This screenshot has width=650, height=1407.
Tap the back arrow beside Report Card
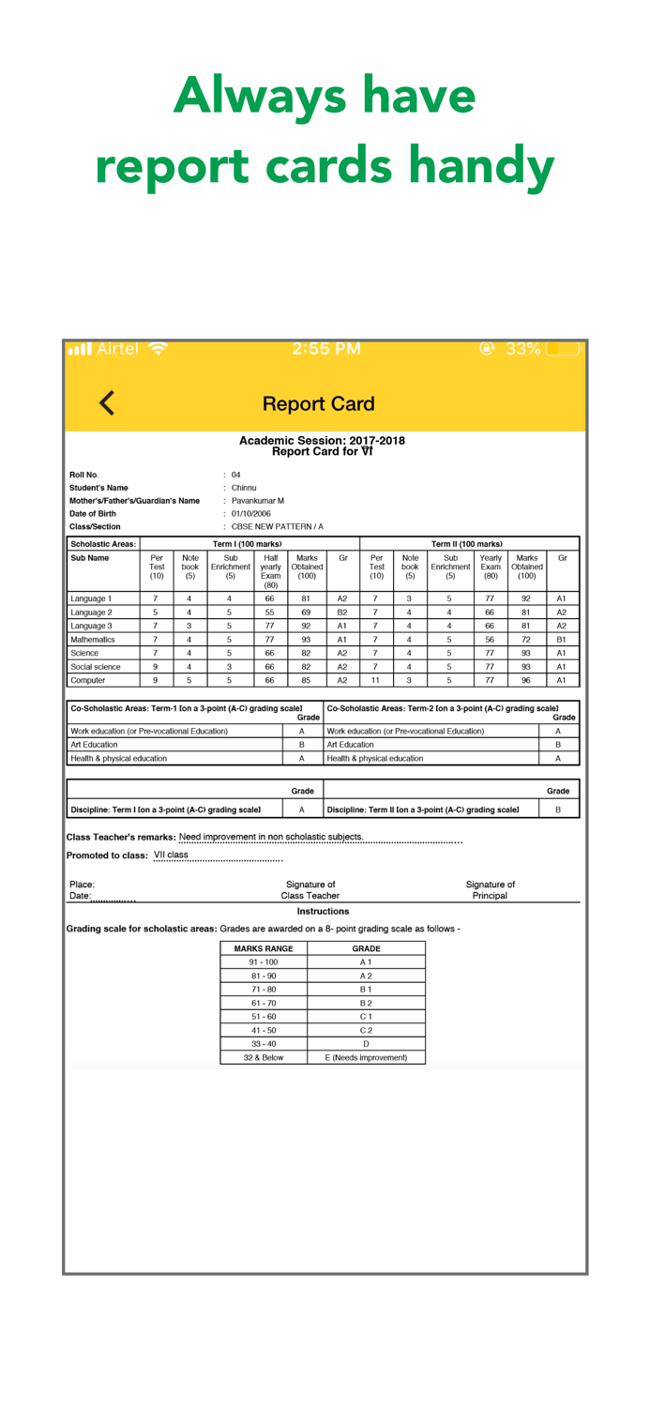107,403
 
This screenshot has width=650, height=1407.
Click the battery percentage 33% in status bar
523,349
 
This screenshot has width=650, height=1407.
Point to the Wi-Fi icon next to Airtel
159,349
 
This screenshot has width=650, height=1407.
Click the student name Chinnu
244,488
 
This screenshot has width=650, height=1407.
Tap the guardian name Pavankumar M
258,501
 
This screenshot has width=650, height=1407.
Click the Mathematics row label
93,640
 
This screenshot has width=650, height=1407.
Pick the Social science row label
96,667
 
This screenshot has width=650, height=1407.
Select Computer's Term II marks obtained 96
526,680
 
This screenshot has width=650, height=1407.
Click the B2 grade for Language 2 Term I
342,613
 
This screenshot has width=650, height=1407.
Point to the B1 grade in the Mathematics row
562,640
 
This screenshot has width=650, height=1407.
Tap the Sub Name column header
90,558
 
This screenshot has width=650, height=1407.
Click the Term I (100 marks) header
247,544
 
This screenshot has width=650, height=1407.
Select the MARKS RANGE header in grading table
264,948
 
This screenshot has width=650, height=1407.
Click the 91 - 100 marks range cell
264,962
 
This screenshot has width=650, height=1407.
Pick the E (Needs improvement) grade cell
366,1057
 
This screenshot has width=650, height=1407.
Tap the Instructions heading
323,912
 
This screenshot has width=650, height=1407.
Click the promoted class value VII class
171,855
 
